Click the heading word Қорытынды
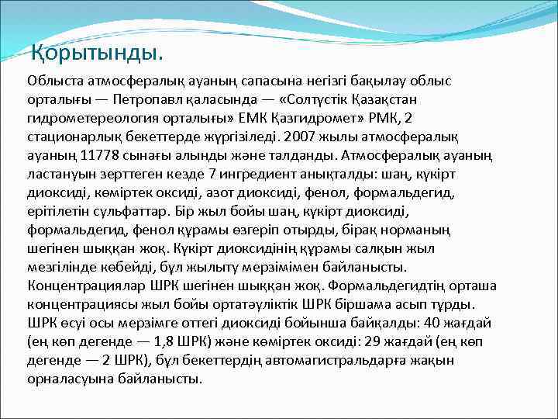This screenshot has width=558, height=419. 97,54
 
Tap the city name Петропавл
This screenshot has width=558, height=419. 148,100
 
